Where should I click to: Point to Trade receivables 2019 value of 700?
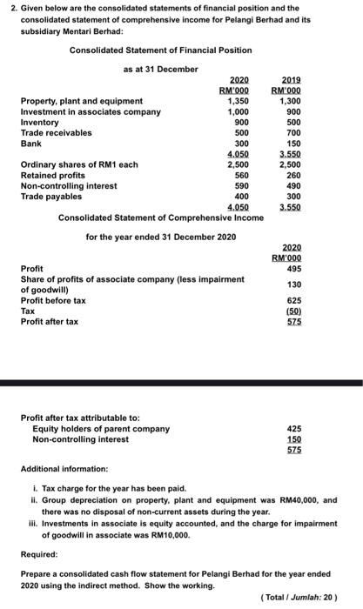click(x=296, y=133)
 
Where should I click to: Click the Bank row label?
click(x=30, y=144)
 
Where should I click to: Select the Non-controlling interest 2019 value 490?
click(x=296, y=185)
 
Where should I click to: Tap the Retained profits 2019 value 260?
click(x=296, y=175)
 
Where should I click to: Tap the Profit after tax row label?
click(x=50, y=322)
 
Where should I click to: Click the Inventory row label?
click(x=39, y=123)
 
